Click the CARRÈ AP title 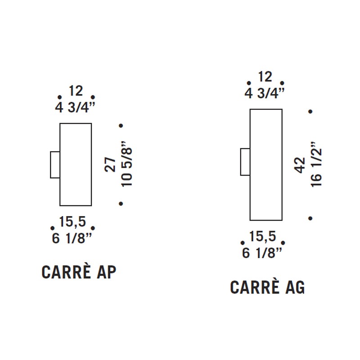click(x=79, y=272)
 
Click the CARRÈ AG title click(x=267, y=287)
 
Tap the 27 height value click(x=110, y=165)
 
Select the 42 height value click(x=300, y=165)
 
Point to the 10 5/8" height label click(x=127, y=164)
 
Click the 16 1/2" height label click(x=316, y=165)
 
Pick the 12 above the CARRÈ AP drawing click(x=76, y=91)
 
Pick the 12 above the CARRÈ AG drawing click(x=265, y=76)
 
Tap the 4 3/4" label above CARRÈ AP click(x=75, y=107)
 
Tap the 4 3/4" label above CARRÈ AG click(x=265, y=93)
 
